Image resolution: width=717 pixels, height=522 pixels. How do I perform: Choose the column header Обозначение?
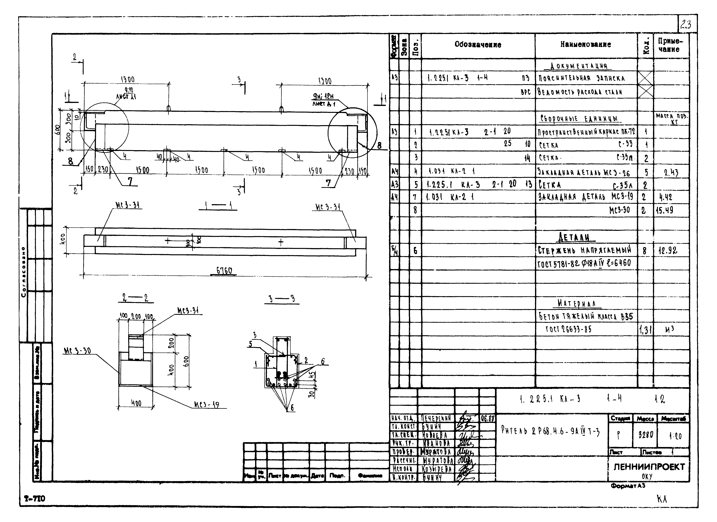tap(478, 45)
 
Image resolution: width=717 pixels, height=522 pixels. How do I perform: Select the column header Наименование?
tap(586, 45)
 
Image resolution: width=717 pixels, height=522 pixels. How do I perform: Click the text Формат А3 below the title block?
tap(628, 486)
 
